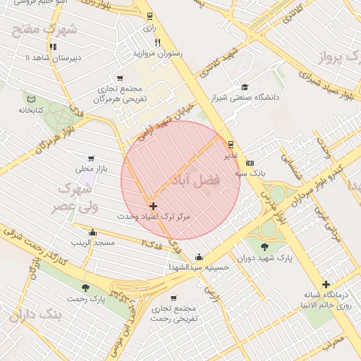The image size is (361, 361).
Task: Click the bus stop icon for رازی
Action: (x=149, y=16)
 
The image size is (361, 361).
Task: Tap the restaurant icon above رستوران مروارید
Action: (x=157, y=42)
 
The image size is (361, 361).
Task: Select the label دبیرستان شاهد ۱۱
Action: (x=52, y=56)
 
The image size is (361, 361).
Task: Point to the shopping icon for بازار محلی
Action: (x=90, y=159)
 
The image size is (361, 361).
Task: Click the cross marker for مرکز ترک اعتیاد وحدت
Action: (x=154, y=206)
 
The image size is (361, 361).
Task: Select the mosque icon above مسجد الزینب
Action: (x=92, y=232)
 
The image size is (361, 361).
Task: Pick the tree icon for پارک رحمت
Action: (x=86, y=288)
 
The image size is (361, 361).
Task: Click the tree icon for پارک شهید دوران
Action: (x=264, y=247)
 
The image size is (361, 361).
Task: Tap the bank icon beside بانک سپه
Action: (x=250, y=163)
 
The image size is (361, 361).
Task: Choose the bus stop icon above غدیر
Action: (x=231, y=145)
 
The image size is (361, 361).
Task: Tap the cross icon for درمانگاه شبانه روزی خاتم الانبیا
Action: (x=325, y=283)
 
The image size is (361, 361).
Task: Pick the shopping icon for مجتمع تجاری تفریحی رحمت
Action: (x=173, y=298)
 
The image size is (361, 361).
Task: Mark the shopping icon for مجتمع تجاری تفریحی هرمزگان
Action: (x=120, y=78)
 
